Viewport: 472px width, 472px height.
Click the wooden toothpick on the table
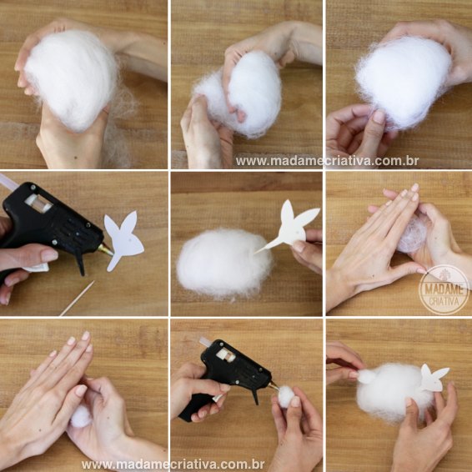pos(78,298)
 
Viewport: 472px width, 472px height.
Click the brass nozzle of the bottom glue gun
pos(274,385)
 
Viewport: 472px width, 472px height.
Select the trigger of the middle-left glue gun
pos(80,263)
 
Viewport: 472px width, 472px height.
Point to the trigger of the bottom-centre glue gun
pos(254,396)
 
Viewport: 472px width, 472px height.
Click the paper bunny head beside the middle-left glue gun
pos(123,239)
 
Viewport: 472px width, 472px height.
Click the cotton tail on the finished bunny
pos(366,377)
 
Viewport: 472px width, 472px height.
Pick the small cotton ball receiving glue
pos(286,396)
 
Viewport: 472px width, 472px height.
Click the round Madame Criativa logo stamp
pos(444,289)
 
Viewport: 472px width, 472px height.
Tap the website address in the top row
pos(327,161)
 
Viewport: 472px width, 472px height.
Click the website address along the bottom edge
pos(173,464)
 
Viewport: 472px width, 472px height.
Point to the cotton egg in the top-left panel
pos(71,80)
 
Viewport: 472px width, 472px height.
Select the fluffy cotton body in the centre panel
pos(224,263)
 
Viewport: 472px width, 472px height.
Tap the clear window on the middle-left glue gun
pos(38,203)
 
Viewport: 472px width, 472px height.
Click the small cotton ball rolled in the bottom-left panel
pos(81,416)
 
